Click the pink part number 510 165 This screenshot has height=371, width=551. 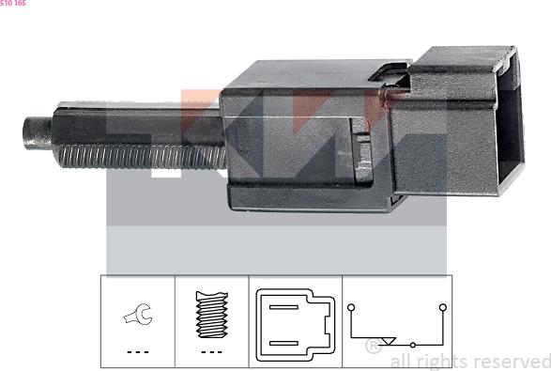coord(13,3)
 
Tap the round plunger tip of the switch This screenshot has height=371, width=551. coord(37,133)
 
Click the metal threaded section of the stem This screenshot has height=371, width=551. coord(142,157)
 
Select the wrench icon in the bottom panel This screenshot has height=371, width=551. coord(138,314)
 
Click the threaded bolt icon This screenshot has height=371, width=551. coord(211,315)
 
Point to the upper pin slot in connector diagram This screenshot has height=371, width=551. coord(283,307)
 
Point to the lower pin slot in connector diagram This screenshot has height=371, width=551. coord(283,343)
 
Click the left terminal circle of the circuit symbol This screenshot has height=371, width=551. coord(351,308)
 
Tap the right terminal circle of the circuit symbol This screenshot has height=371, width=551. coord(443,308)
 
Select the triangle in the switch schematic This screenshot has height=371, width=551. coord(389,341)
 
